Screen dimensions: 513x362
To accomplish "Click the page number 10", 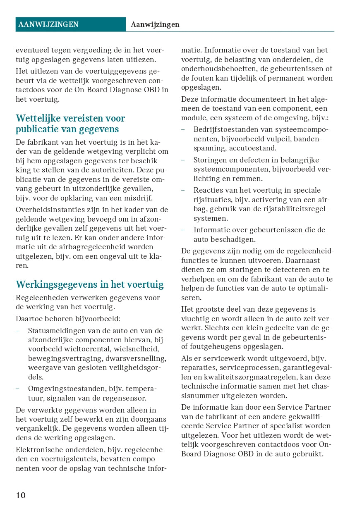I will [x=21, y=495].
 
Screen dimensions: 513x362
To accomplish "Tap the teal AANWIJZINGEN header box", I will [x=70, y=24].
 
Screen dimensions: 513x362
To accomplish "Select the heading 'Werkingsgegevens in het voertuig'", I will [x=90, y=284].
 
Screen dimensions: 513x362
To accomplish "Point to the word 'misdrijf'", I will [x=138, y=198].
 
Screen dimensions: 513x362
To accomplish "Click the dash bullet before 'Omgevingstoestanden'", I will [x=17, y=389].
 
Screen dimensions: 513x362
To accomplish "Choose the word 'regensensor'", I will [x=126, y=398].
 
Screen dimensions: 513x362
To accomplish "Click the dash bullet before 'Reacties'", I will [x=183, y=190].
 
